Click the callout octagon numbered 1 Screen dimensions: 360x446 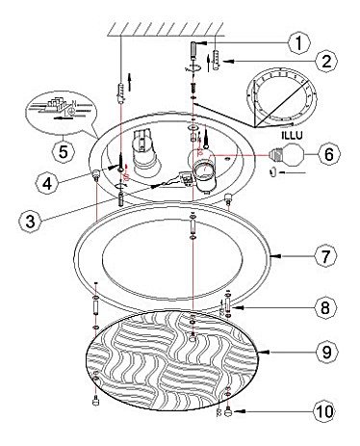click(x=299, y=42)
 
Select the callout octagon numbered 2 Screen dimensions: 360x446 click(x=326, y=61)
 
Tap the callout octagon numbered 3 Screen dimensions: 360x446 click(x=30, y=221)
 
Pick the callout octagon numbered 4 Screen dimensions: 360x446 click(x=47, y=183)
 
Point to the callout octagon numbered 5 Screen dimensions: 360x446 click(x=64, y=151)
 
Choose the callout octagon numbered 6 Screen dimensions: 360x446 click(x=329, y=154)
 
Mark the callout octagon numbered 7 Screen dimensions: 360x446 click(x=325, y=256)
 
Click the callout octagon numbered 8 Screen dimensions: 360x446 click(x=325, y=307)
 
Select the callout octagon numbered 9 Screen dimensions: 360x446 click(x=326, y=353)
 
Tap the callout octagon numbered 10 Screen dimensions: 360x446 click(x=324, y=411)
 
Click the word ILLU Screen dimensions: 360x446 click(x=292, y=135)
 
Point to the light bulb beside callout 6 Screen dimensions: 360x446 click(x=286, y=154)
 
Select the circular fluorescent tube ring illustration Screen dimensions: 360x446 click(x=281, y=98)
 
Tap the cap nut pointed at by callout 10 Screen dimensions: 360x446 click(x=228, y=411)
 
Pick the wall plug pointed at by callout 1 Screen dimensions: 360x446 click(x=193, y=50)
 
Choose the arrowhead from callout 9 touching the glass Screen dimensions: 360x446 click(x=264, y=352)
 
